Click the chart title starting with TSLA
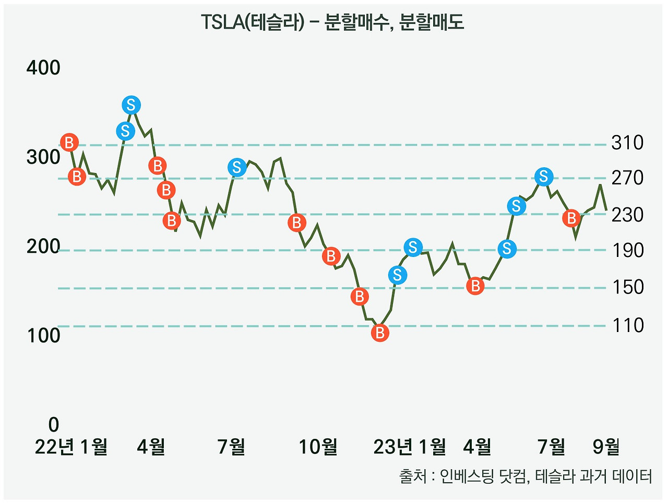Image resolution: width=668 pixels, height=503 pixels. [x=332, y=23]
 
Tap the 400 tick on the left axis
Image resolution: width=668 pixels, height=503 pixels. [x=43, y=68]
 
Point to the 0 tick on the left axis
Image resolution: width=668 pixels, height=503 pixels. [x=53, y=425]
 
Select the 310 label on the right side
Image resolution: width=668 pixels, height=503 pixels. [x=627, y=143]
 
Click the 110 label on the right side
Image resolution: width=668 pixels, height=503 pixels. [x=627, y=325]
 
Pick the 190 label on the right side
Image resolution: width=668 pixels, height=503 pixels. [x=627, y=251]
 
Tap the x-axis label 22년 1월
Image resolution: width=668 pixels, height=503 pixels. [x=71, y=447]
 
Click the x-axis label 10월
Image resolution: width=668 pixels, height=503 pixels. [x=318, y=447]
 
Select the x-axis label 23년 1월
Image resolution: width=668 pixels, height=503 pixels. [x=410, y=447]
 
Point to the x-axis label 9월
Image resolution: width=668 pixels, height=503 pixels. [x=606, y=447]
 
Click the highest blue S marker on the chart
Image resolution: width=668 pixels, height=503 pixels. [x=131, y=105]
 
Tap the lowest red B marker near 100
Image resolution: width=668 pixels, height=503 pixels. [x=380, y=333]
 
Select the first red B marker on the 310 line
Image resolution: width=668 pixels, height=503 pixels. [x=69, y=142]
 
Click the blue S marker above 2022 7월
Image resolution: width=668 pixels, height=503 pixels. [x=237, y=167]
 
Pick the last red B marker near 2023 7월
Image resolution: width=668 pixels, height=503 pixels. [x=571, y=218]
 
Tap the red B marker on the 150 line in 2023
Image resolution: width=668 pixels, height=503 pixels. [x=475, y=286]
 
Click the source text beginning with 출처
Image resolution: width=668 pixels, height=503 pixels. [x=525, y=476]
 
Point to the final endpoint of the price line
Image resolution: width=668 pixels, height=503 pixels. [x=606, y=210]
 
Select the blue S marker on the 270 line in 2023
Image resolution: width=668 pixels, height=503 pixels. [x=544, y=177]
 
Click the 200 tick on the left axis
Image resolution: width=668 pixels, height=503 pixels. [x=43, y=247]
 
